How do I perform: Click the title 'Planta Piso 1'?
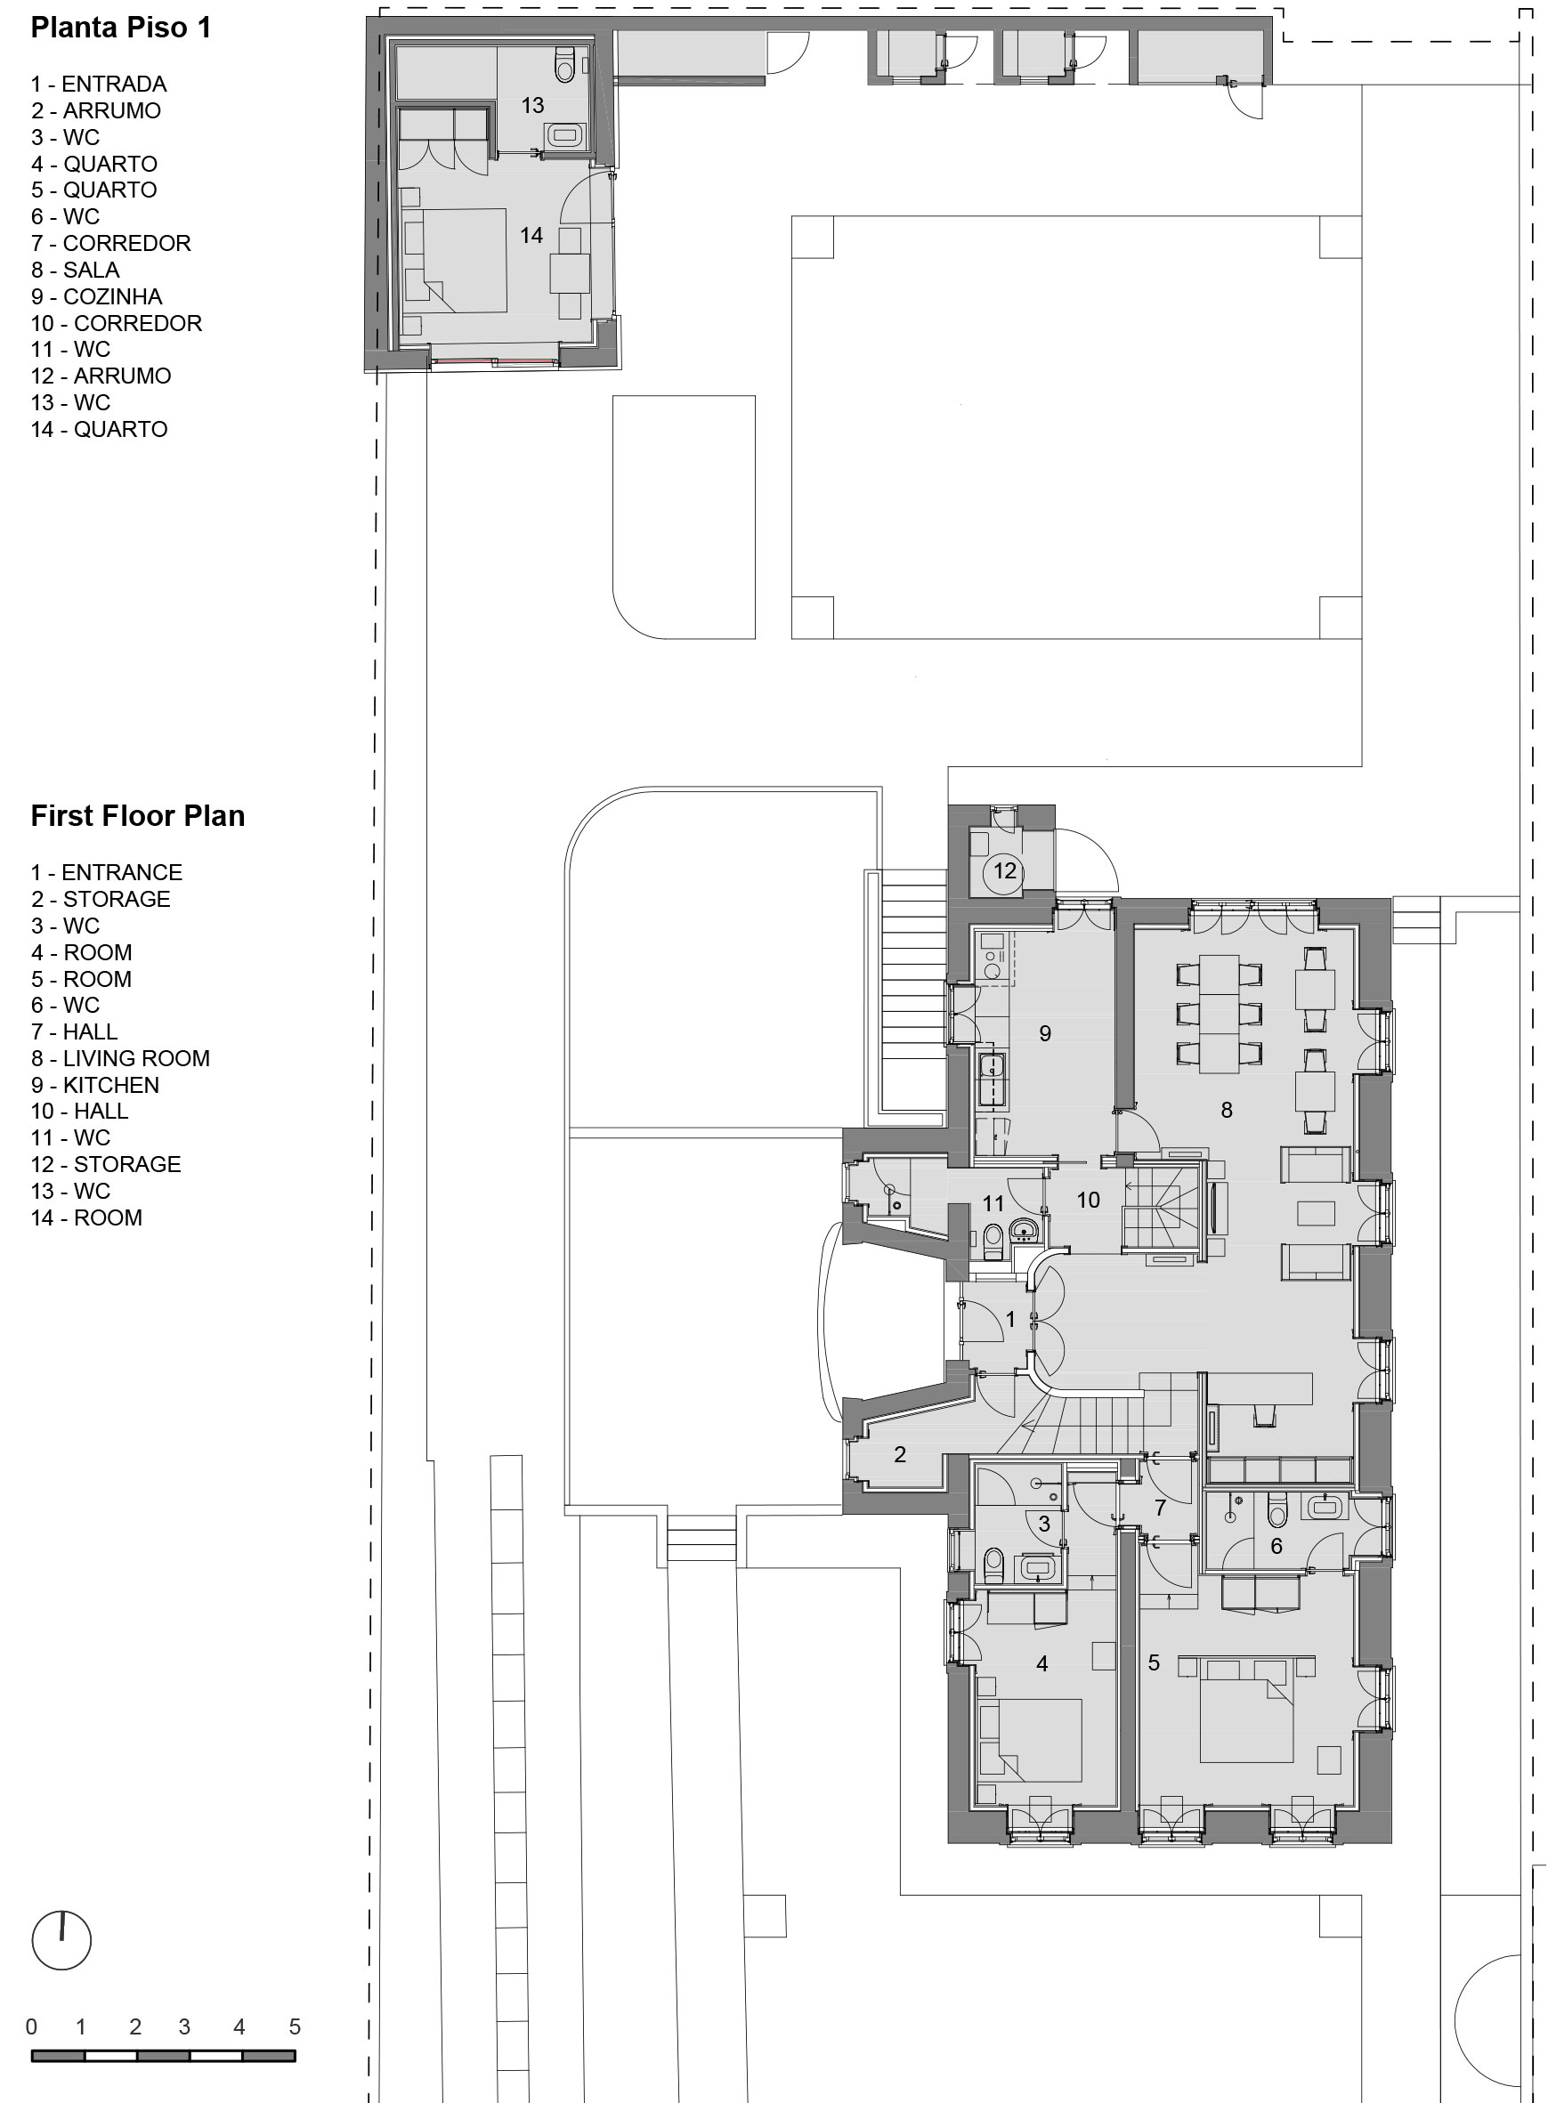pyautogui.click(x=121, y=28)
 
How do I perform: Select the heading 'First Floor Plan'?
pyautogui.click(x=138, y=816)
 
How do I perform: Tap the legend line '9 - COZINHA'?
pyautogui.click(x=96, y=297)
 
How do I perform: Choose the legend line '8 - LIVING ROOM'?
pyautogui.click(x=120, y=1058)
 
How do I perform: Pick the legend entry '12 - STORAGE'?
pyautogui.click(x=106, y=1164)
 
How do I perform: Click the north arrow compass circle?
pyautogui.click(x=61, y=1940)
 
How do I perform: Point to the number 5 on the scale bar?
pyautogui.click(x=296, y=2027)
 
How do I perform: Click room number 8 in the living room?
pyautogui.click(x=1227, y=1110)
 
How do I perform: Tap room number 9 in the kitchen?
pyautogui.click(x=1046, y=1033)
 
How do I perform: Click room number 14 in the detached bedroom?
pyautogui.click(x=531, y=235)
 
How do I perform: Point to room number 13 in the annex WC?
pyautogui.click(x=533, y=106)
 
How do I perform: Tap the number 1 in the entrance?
pyautogui.click(x=1010, y=1320)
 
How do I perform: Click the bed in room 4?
pyautogui.click(x=1030, y=1738)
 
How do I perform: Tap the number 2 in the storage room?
pyautogui.click(x=901, y=1455)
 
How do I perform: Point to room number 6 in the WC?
pyautogui.click(x=1276, y=1547)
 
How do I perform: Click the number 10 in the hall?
pyautogui.click(x=1088, y=1200)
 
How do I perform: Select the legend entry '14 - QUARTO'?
pyautogui.click(x=100, y=430)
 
